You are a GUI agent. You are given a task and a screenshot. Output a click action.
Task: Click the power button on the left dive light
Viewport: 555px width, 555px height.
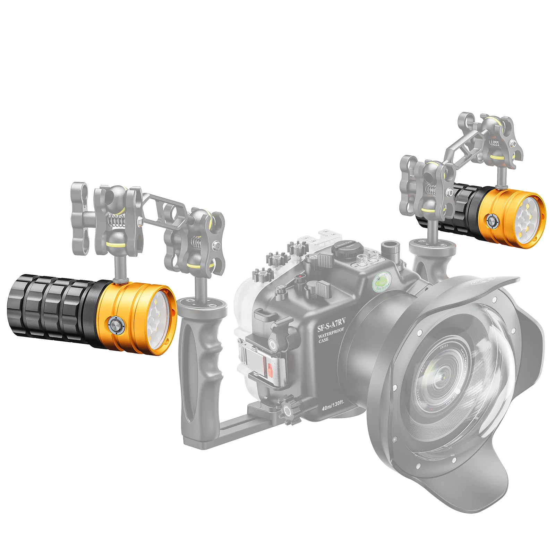116,326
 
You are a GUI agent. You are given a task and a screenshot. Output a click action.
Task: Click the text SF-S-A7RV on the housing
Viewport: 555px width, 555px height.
331,324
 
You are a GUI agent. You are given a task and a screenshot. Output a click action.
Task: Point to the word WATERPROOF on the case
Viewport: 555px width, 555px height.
331,333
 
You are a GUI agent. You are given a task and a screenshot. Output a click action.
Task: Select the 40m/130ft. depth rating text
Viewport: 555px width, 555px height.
333,405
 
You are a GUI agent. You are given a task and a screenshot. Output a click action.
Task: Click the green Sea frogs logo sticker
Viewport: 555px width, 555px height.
382,281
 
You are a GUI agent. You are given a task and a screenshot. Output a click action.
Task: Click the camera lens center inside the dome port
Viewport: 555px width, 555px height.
442,377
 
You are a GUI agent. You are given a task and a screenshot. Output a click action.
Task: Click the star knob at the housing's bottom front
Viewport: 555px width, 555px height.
288,411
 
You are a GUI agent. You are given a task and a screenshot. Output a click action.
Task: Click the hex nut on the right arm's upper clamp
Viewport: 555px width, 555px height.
513,143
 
